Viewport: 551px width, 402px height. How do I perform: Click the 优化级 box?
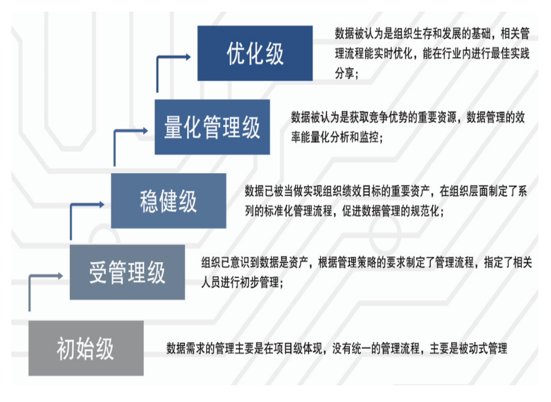click(255, 53)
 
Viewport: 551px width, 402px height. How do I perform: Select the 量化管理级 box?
click(212, 127)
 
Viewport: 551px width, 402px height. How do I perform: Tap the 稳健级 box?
click(168, 201)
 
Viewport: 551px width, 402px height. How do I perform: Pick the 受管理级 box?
click(127, 272)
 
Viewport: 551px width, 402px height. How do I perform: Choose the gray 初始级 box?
click(86, 348)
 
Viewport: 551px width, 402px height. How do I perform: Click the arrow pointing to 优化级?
click(171, 58)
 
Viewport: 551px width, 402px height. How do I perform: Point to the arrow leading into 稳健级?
click(86, 205)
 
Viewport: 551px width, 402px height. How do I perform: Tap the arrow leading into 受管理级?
click(44, 277)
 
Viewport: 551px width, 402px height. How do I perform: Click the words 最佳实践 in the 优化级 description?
click(510, 54)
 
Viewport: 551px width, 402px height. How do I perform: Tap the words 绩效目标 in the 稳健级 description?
click(352, 191)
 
